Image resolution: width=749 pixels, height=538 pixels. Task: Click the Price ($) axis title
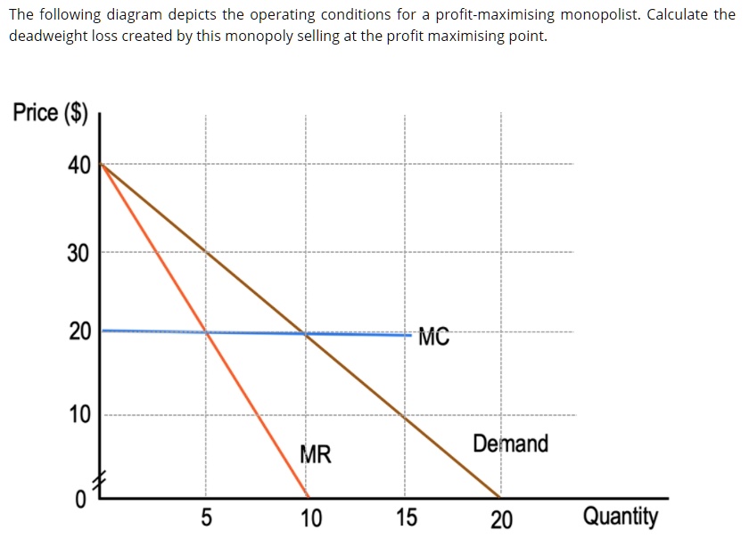click(51, 112)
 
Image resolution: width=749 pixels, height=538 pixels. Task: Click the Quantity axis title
click(621, 517)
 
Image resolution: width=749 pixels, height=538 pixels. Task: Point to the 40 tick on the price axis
click(78, 166)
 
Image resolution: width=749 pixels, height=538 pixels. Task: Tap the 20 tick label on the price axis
click(78, 332)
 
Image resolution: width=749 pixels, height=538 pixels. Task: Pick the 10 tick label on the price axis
click(78, 415)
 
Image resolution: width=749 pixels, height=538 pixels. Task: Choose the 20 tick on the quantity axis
click(501, 518)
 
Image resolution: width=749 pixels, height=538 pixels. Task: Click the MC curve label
click(433, 337)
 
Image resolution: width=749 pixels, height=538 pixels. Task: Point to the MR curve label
click(315, 455)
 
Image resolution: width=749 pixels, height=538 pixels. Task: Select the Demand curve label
click(510, 444)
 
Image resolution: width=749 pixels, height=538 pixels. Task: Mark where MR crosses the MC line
click(207, 332)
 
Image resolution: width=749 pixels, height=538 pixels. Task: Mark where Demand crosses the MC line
click(306, 334)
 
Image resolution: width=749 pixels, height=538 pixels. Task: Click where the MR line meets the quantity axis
click(308, 496)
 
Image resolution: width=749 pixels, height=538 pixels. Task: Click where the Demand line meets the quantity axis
click(499, 496)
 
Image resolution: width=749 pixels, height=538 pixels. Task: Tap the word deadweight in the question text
click(44, 37)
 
